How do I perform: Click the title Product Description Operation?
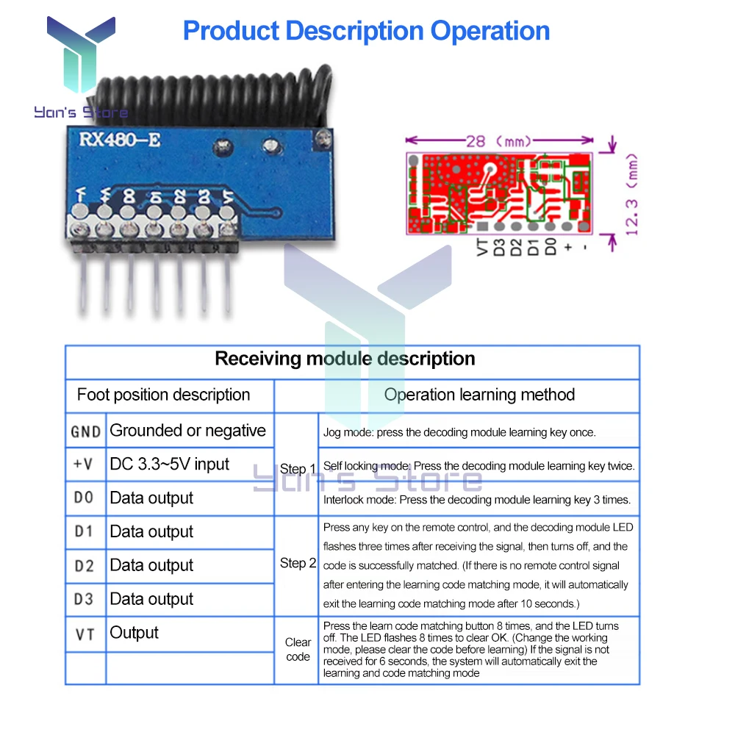[366, 31]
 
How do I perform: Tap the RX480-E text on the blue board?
[114, 138]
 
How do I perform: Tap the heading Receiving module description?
[345, 359]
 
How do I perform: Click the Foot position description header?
[163, 395]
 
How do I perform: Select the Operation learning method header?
[479, 395]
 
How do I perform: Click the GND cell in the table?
[85, 431]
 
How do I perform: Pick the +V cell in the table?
[85, 465]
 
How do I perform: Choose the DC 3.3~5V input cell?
[169, 465]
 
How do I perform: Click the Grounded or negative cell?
[187, 431]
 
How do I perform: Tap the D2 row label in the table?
[85, 566]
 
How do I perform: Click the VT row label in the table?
[85, 634]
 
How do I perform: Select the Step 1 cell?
[298, 469]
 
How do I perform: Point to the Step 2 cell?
[298, 564]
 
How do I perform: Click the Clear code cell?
[298, 650]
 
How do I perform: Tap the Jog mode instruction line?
[459, 432]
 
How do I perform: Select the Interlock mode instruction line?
[476, 500]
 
